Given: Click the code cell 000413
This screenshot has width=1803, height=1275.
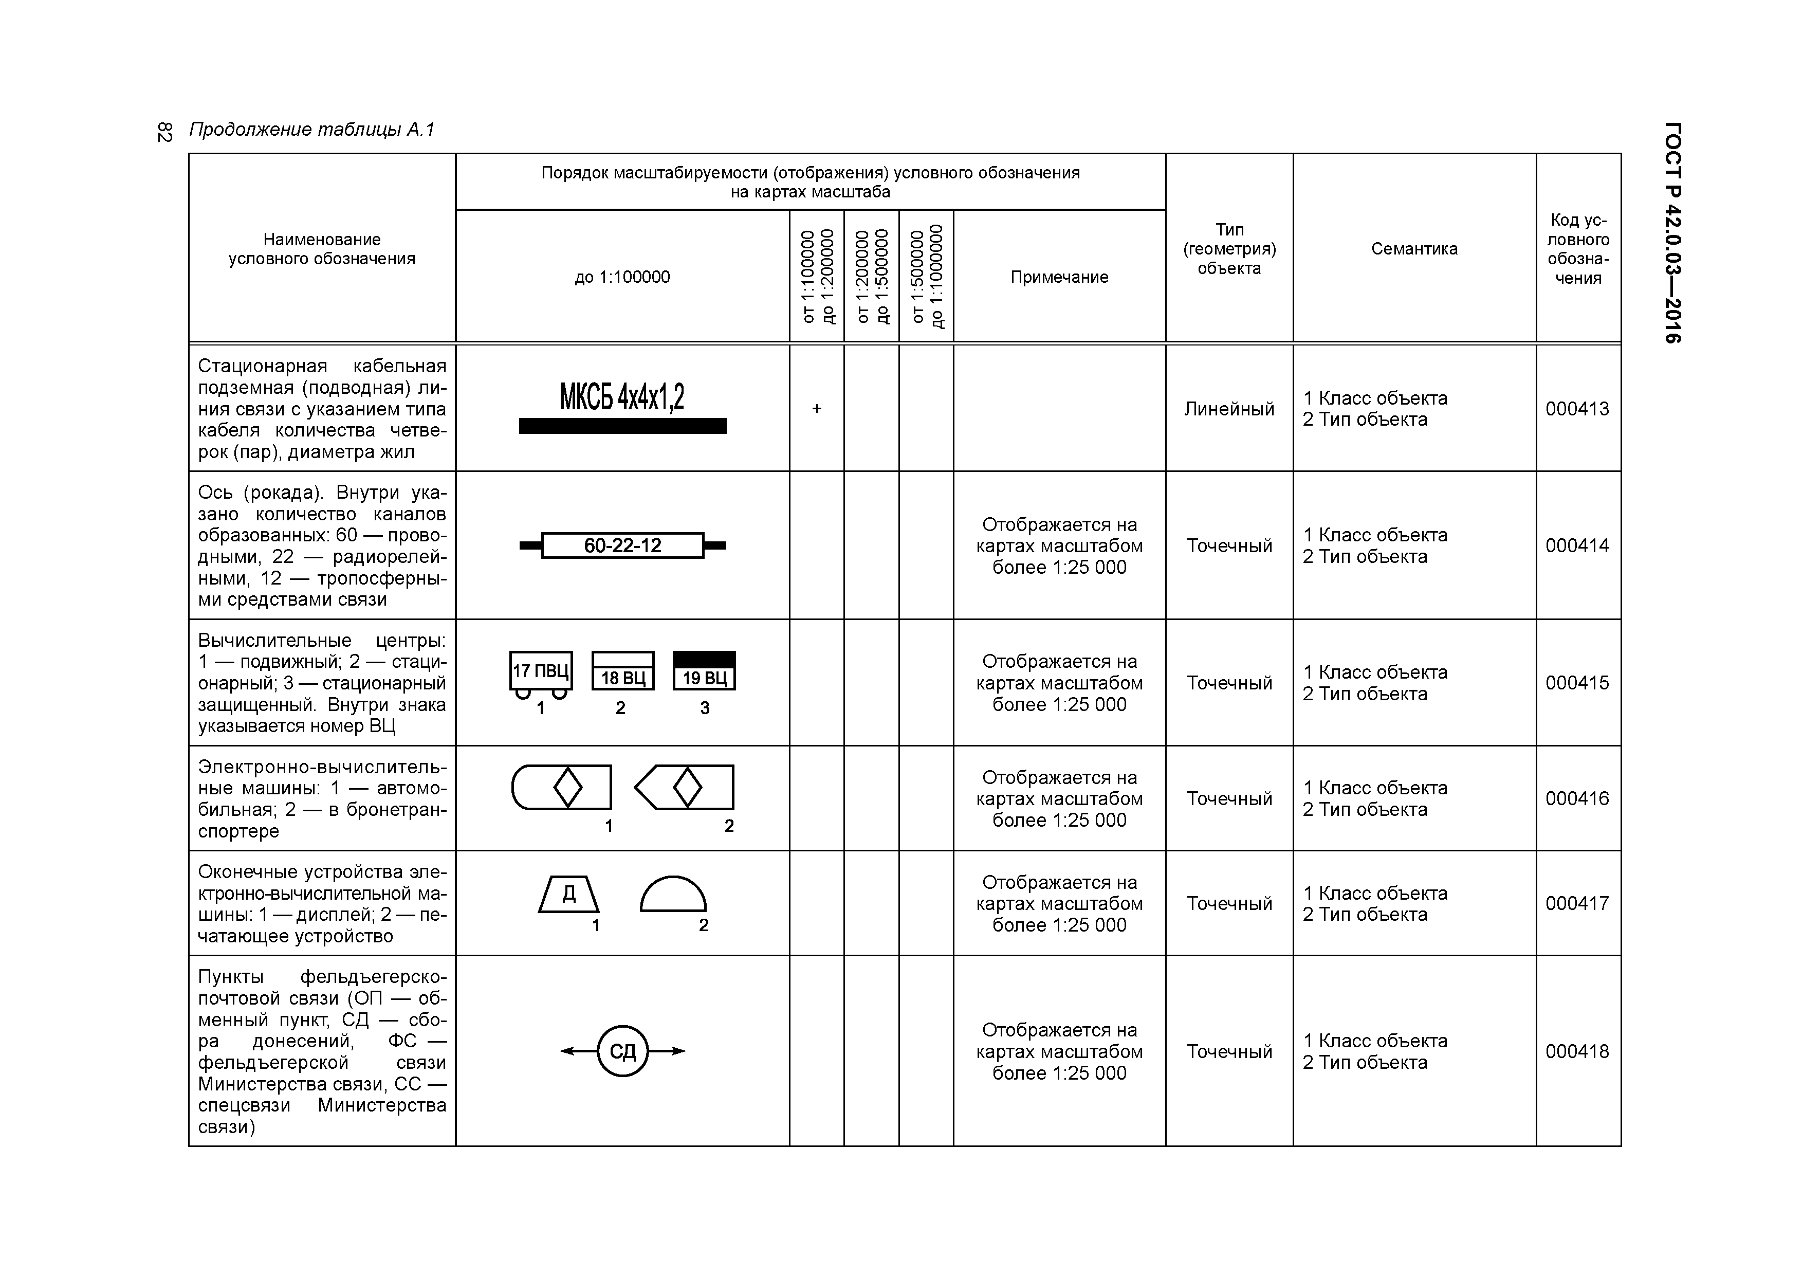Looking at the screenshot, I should click(1577, 409).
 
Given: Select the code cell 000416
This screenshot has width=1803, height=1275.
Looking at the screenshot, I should click(1577, 798).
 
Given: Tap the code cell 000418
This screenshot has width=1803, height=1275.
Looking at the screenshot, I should click(1577, 1051).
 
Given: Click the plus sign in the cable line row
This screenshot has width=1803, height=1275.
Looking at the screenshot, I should click(817, 409).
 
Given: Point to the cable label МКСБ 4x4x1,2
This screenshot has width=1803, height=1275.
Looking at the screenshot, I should click(622, 397).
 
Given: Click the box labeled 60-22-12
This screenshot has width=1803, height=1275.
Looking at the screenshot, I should click(622, 545).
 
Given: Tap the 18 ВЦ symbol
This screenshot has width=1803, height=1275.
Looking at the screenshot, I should click(623, 671).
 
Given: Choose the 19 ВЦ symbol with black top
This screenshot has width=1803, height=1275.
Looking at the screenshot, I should click(705, 671).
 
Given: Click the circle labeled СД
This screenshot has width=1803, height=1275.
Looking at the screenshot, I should click(623, 1051).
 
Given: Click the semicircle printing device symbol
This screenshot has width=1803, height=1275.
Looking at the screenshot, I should click(673, 896).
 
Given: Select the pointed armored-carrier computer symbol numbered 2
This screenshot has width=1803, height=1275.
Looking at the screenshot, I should click(685, 787).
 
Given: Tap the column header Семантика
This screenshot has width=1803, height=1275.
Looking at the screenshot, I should click(1414, 248).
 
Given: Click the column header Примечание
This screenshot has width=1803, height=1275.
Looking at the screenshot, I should click(1059, 277).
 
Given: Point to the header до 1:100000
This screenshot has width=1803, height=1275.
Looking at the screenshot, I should click(622, 277).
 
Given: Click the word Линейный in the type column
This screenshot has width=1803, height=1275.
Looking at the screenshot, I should click(1229, 409).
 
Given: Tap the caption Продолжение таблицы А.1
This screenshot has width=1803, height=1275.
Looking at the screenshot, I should click(312, 130).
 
